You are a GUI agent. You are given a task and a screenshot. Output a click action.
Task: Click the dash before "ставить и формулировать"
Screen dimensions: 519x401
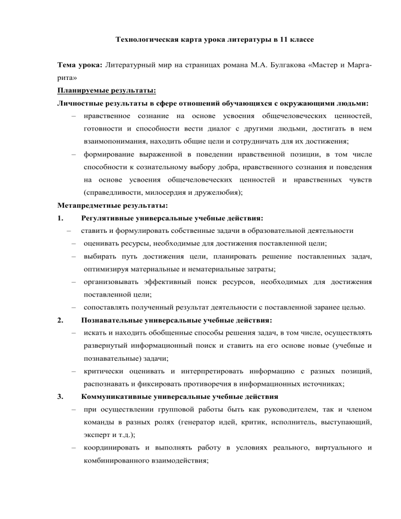pyautogui.click(x=68, y=229)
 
